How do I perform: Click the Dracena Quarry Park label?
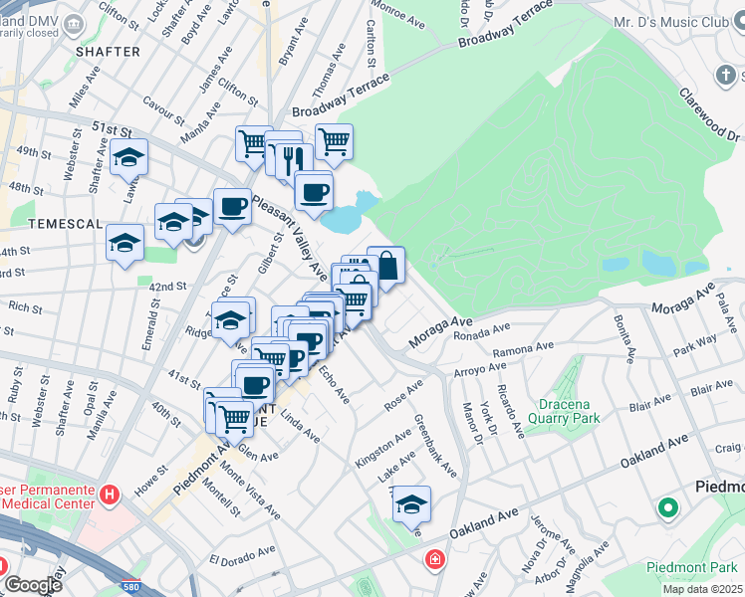(567, 412)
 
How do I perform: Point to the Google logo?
(33, 585)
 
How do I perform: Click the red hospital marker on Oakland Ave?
(434, 559)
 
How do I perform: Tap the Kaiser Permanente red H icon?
(111, 493)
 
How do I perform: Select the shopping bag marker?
(386, 267)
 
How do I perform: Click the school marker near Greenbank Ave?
(410, 504)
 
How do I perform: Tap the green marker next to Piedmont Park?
(666, 509)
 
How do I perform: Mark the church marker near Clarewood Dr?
(725, 76)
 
